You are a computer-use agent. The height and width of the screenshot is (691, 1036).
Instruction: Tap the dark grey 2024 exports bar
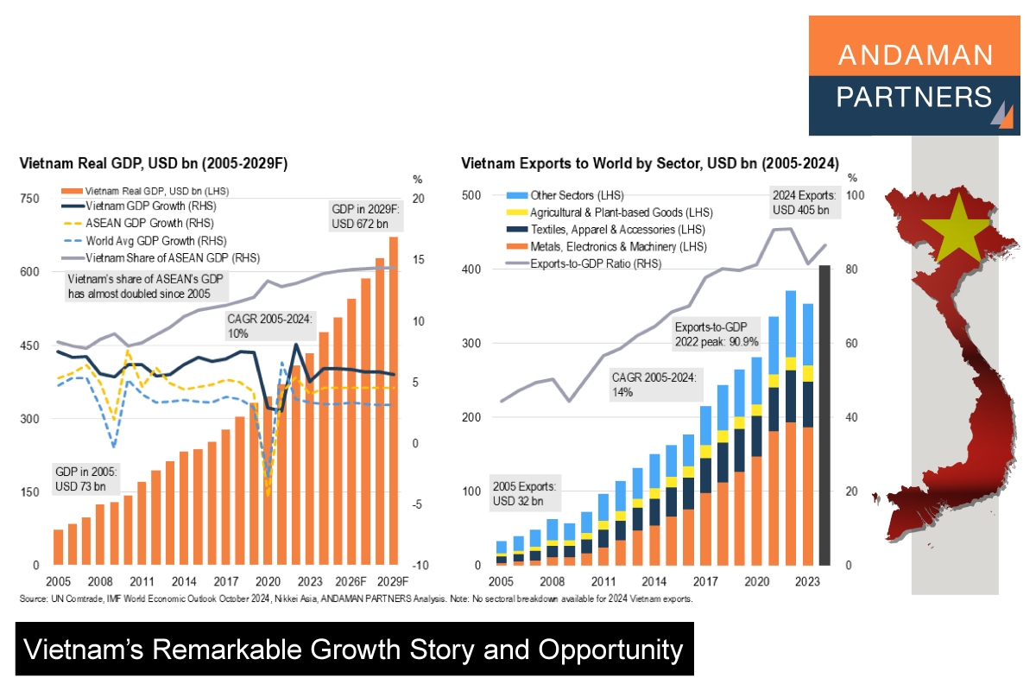point(824,415)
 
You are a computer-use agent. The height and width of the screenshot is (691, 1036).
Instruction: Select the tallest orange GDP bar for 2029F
point(394,401)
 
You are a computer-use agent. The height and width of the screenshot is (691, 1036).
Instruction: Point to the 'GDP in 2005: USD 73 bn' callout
point(86,479)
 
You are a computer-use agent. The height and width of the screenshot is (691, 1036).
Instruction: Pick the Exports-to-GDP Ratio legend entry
point(595,263)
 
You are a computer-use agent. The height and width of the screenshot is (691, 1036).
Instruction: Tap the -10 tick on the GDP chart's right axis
point(418,566)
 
